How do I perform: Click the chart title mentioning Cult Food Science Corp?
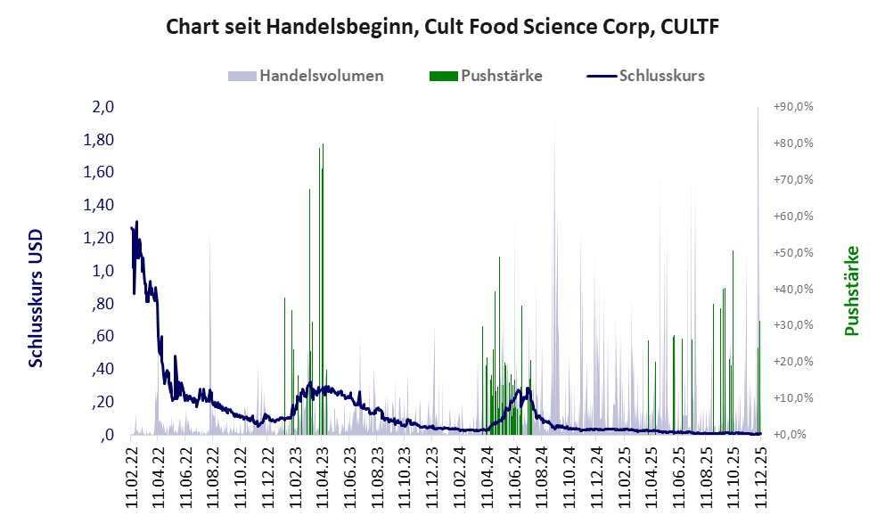[x=443, y=28]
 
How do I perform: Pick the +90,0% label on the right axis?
[x=793, y=107]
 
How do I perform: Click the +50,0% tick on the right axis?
[x=793, y=253]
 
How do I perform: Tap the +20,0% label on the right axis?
[x=793, y=362]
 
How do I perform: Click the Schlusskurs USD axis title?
[x=37, y=298]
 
